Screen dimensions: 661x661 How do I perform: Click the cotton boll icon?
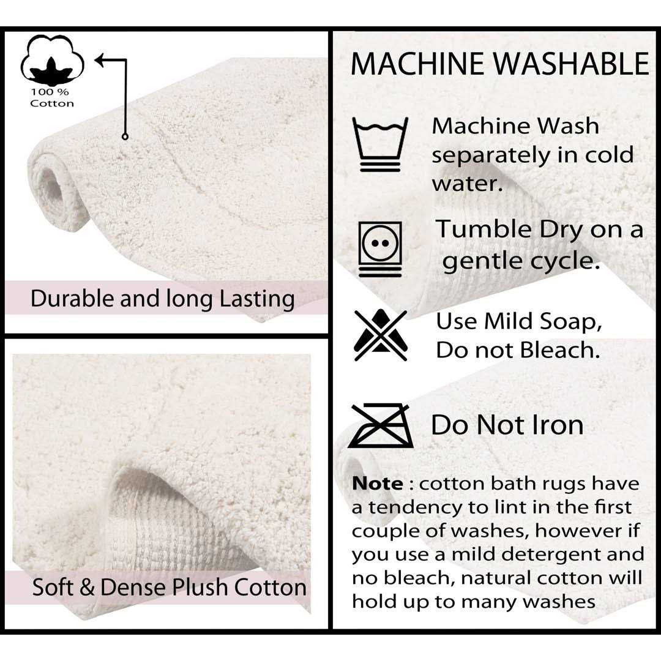click(x=52, y=60)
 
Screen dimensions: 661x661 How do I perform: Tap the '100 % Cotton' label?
click(x=52, y=98)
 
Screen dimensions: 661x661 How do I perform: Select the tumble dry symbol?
click(x=380, y=248)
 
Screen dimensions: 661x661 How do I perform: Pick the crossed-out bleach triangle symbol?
click(x=381, y=335)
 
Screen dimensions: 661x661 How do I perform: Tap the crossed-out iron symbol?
click(x=381, y=425)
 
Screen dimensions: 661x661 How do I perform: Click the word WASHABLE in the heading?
click(x=571, y=64)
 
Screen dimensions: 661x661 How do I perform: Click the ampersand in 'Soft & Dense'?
click(x=86, y=587)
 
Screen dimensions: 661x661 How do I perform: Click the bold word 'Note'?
click(x=377, y=484)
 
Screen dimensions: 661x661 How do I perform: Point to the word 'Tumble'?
click(x=484, y=230)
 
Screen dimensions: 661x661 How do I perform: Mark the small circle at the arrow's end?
click(x=125, y=136)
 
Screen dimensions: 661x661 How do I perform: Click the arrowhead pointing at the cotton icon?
click(x=100, y=60)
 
